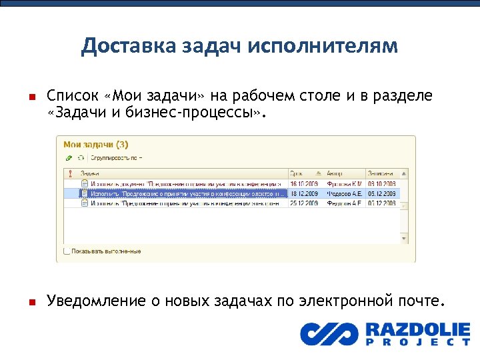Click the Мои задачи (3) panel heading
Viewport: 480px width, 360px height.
tap(96, 144)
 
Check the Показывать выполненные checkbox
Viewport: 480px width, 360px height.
tap(67, 251)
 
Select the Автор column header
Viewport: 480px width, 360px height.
tap(336, 171)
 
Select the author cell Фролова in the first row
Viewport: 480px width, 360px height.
tap(344, 183)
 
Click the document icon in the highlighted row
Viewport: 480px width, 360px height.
tap(85, 193)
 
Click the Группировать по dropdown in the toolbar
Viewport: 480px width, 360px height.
tap(117, 158)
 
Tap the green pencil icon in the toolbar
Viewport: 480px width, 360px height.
tap(69, 158)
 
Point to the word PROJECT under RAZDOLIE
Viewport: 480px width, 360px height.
tap(418, 342)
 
